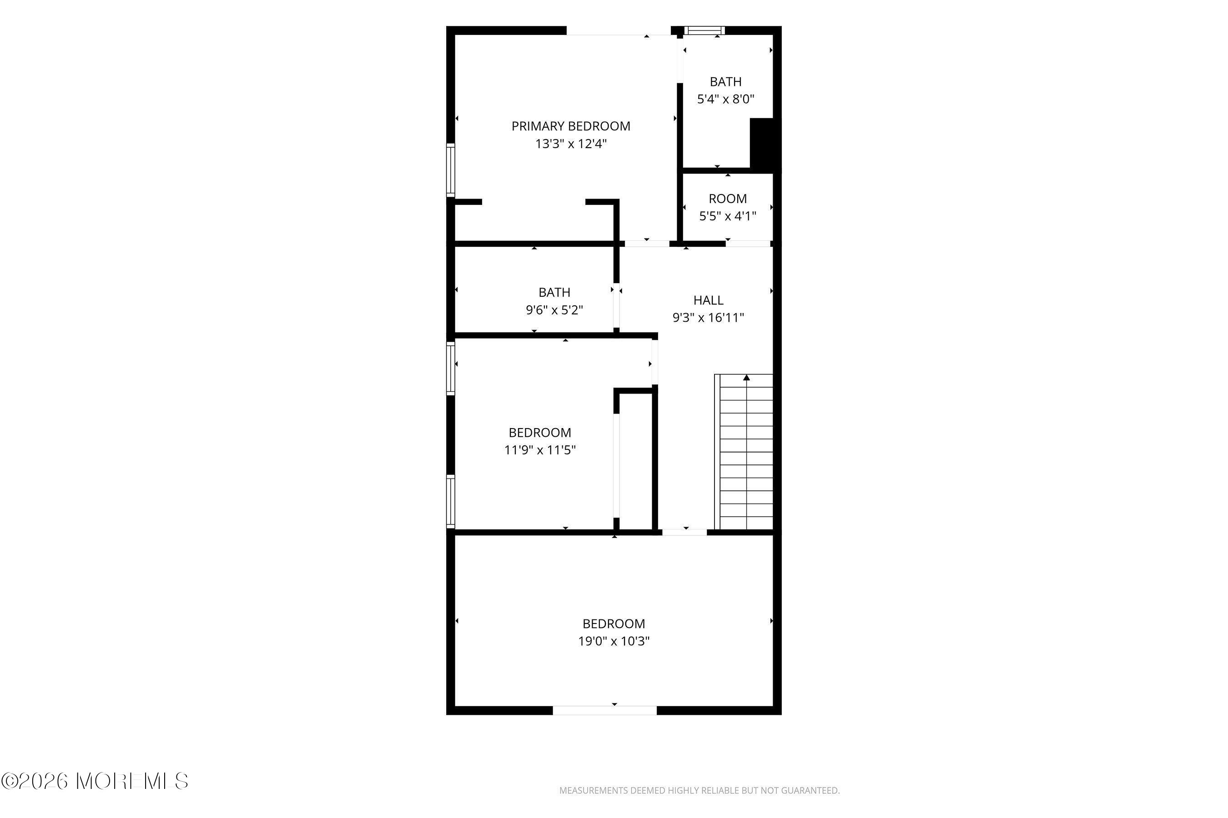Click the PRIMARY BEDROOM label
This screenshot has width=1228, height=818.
[x=571, y=126]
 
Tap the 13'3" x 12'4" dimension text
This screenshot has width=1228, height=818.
[x=571, y=144]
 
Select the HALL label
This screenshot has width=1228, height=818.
[x=708, y=300]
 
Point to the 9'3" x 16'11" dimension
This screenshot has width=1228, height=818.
[x=708, y=318]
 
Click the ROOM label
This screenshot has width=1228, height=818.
[x=727, y=199]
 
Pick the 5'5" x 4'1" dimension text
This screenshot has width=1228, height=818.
[x=727, y=216]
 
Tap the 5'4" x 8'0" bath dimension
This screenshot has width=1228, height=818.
[x=726, y=99]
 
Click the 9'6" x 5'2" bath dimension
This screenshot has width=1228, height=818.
[x=554, y=310]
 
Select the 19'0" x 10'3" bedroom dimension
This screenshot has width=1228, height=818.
[x=614, y=641]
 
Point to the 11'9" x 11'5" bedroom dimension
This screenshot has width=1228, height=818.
[x=540, y=450]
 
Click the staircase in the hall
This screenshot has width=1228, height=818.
[x=744, y=452]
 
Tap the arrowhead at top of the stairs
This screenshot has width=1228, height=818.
[x=747, y=377]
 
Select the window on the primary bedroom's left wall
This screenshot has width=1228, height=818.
[x=451, y=170]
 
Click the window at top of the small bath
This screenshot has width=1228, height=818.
[x=705, y=30]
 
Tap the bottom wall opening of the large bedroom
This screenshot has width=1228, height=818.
[x=604, y=711]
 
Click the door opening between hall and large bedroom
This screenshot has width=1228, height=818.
[x=684, y=532]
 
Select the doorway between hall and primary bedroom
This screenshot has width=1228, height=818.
[x=647, y=244]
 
